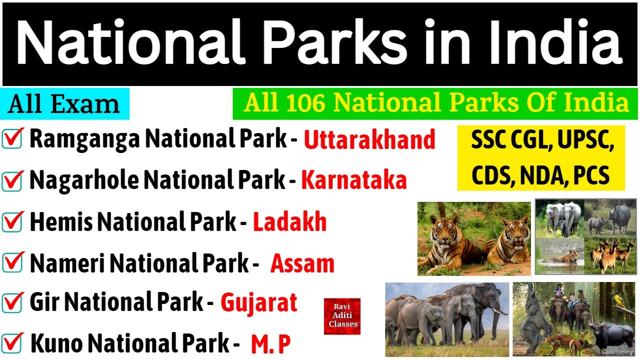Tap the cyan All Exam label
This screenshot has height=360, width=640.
click(64, 104)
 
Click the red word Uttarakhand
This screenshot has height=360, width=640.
click(369, 140)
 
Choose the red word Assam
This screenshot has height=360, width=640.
click(302, 263)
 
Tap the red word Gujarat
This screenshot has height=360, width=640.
click(259, 302)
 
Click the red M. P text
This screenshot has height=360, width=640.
click(270, 344)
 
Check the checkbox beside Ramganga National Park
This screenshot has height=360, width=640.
click(12, 139)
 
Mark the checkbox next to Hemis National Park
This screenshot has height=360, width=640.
click(12, 221)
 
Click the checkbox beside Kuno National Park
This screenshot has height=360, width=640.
click(12, 343)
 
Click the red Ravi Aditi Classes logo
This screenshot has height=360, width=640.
click(342, 316)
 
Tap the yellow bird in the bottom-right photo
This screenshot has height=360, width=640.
click(620, 301)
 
